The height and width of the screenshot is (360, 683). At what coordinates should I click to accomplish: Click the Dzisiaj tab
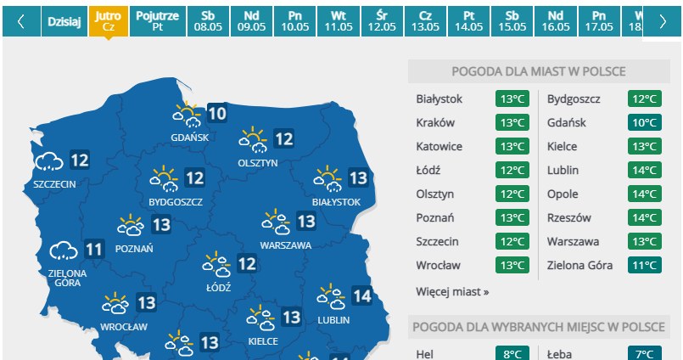(x=64, y=22)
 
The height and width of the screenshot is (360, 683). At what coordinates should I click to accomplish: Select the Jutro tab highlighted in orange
(x=109, y=22)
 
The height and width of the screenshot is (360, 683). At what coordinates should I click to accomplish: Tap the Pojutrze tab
(x=157, y=22)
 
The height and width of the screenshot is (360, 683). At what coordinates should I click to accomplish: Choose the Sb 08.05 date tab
(x=207, y=22)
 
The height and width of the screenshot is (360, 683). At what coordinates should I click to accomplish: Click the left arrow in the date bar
(x=20, y=22)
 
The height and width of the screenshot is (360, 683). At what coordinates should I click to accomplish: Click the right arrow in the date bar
(x=663, y=22)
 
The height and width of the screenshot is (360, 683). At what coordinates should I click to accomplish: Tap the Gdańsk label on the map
(x=184, y=137)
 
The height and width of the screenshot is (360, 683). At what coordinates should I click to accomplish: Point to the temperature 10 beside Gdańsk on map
(x=216, y=113)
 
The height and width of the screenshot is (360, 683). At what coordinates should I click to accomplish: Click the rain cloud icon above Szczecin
(x=49, y=160)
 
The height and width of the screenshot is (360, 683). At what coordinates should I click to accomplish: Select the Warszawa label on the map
(x=286, y=245)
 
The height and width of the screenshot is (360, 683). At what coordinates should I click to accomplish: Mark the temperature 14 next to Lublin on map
(x=361, y=296)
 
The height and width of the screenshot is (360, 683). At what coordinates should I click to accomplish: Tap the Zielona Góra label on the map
(x=68, y=278)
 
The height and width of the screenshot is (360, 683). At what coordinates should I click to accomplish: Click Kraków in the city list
(x=436, y=122)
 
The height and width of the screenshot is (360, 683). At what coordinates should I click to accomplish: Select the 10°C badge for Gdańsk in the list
(x=645, y=122)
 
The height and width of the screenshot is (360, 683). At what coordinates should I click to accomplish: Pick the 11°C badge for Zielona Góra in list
(x=645, y=265)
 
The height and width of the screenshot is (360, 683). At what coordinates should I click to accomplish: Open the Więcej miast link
(x=452, y=291)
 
